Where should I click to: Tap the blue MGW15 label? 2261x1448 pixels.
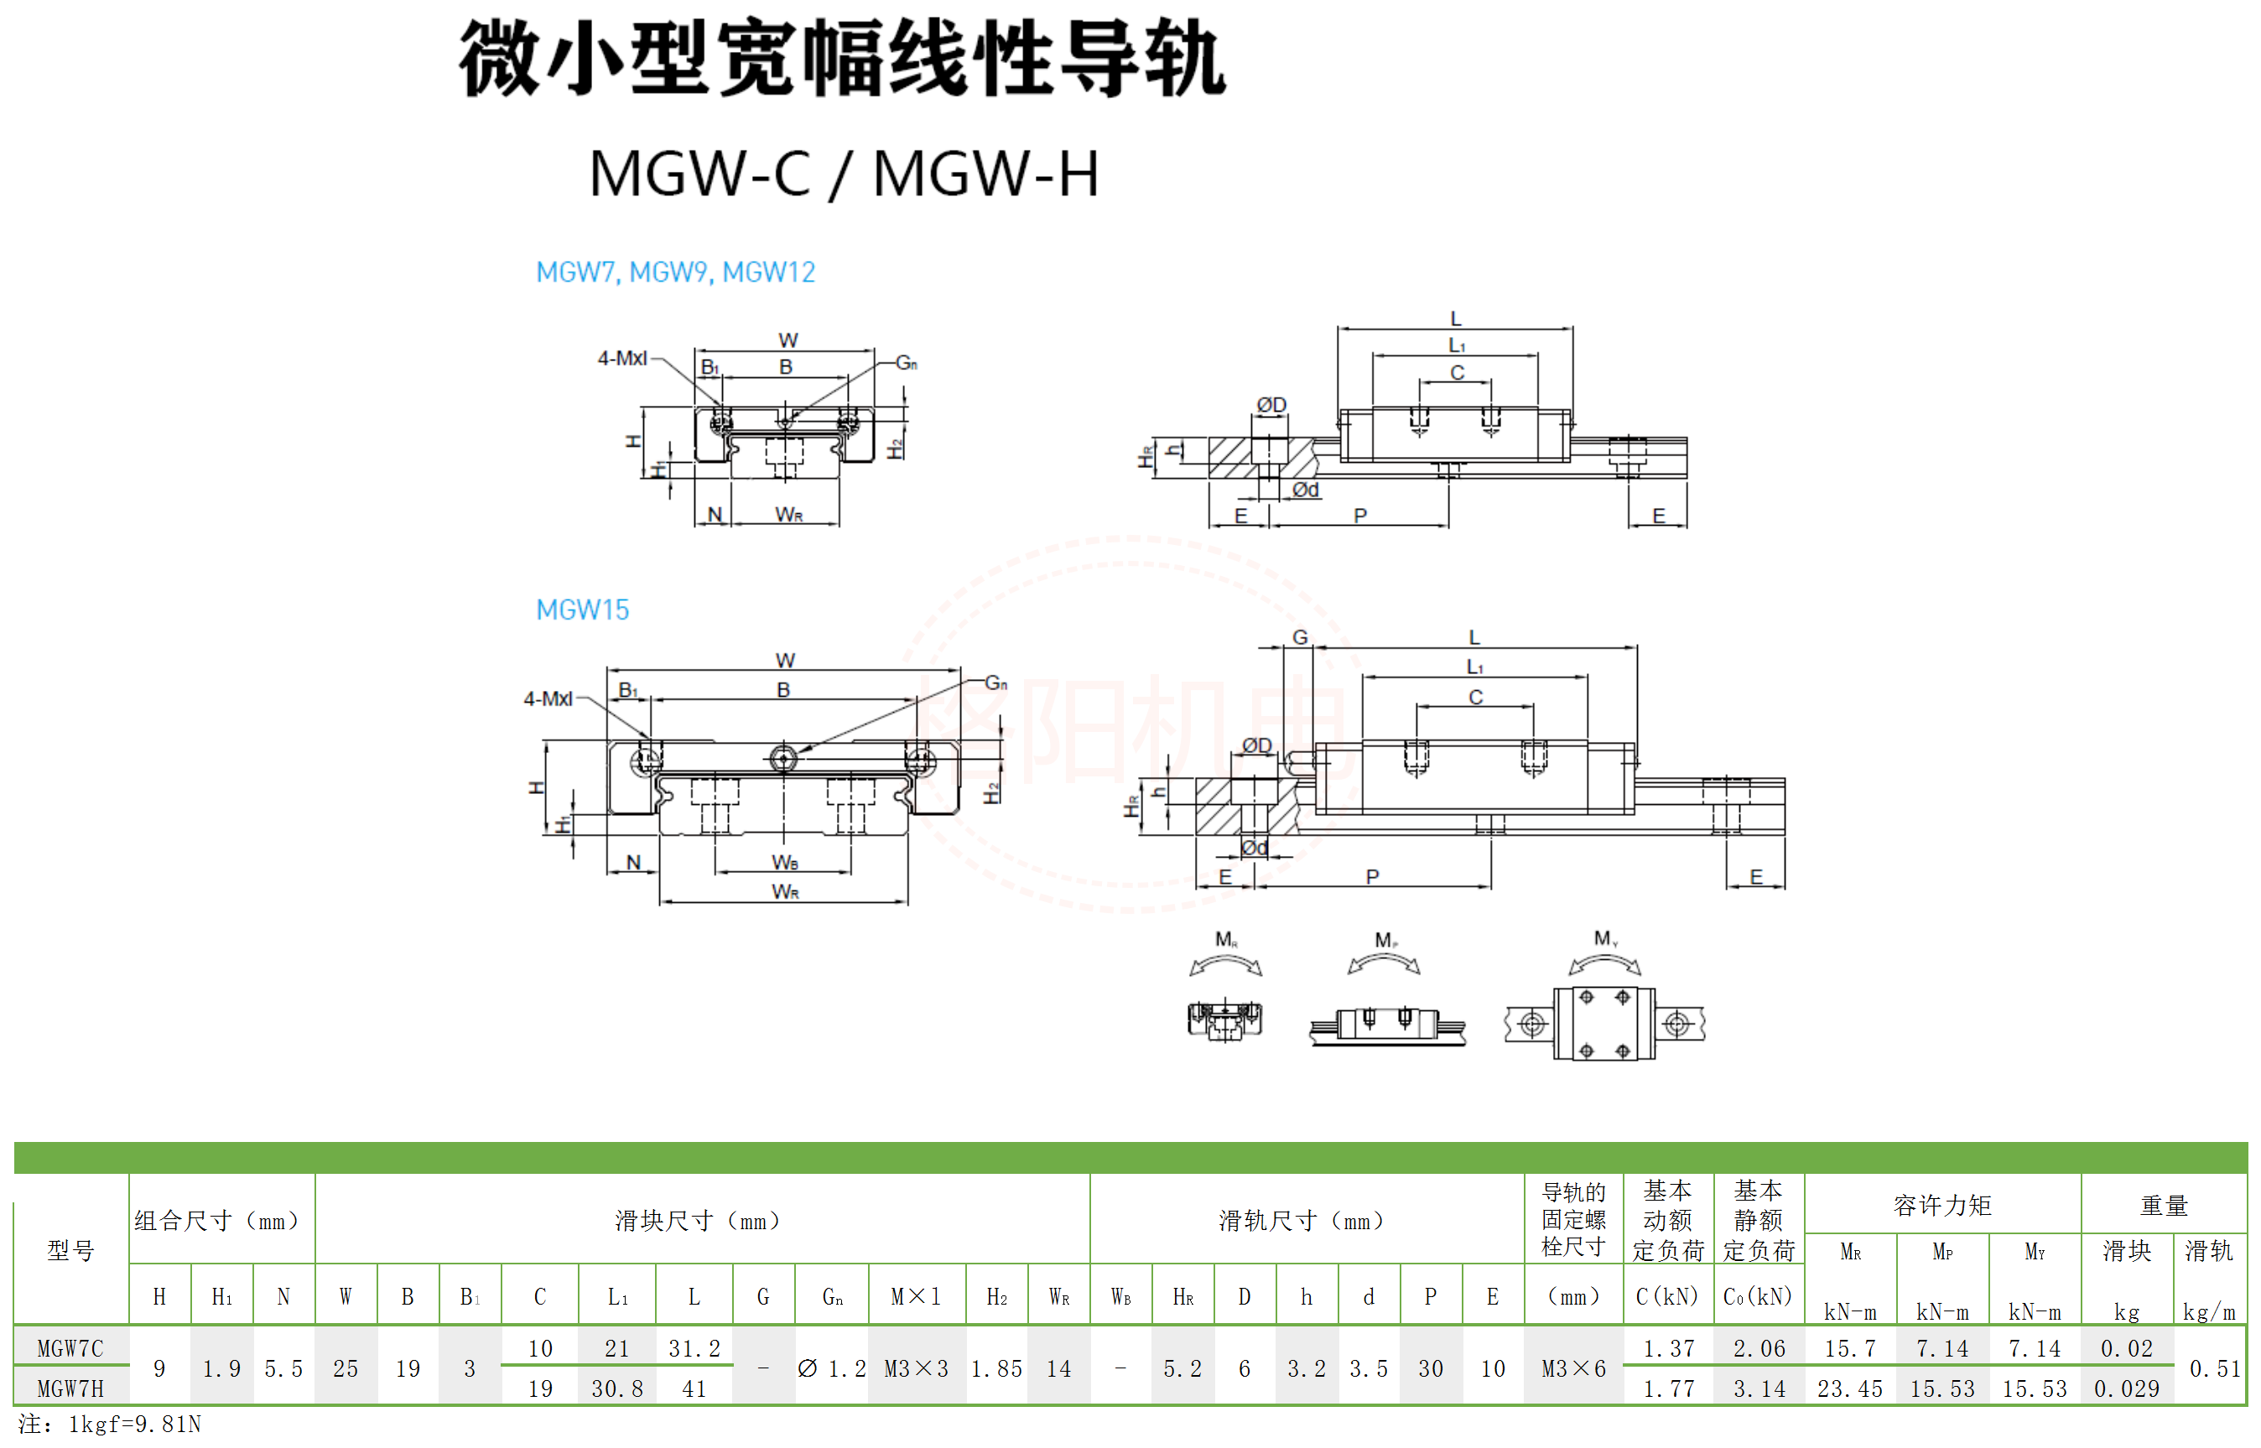(x=582, y=610)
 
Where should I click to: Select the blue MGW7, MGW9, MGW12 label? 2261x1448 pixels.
(x=675, y=272)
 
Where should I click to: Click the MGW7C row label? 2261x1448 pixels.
(x=70, y=1348)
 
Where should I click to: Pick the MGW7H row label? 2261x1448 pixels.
(x=70, y=1388)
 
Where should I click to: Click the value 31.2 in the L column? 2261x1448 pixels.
(x=694, y=1348)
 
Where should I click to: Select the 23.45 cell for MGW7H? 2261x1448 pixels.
(x=1849, y=1388)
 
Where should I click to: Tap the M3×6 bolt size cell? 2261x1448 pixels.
(x=1573, y=1369)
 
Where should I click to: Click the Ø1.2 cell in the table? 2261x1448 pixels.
(x=831, y=1369)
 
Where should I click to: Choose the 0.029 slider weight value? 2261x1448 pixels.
(x=2127, y=1388)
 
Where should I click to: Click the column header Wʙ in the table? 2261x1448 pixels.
(x=1120, y=1298)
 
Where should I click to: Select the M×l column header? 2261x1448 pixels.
(x=915, y=1298)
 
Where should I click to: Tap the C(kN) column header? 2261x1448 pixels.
(x=1666, y=1298)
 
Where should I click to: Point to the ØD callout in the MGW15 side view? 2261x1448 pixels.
(x=1256, y=745)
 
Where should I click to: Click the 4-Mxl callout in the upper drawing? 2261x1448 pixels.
(x=621, y=358)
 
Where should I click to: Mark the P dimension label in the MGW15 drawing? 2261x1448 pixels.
(x=1372, y=876)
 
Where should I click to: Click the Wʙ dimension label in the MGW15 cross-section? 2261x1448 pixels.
(x=784, y=862)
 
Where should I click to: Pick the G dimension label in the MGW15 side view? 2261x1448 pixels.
(x=1300, y=637)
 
